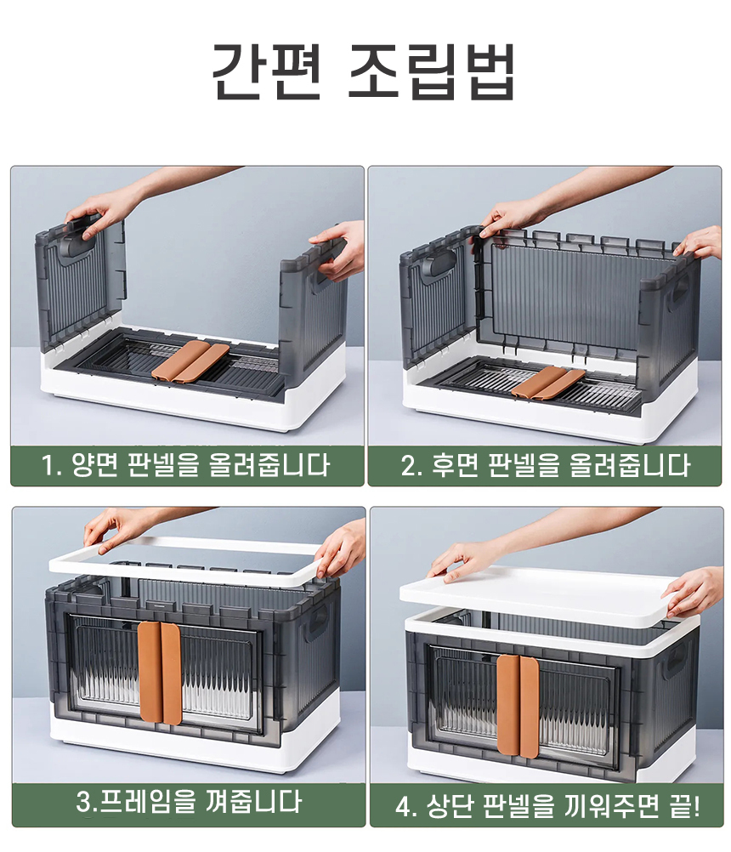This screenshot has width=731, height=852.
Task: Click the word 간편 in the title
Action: [x=266, y=71]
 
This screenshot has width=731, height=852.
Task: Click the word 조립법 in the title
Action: [x=431, y=71]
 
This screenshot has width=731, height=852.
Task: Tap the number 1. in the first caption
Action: [x=52, y=466]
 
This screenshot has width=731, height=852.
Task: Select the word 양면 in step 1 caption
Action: [x=94, y=466]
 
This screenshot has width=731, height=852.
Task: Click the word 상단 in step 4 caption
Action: [x=449, y=806]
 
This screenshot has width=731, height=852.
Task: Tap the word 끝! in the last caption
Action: [x=685, y=806]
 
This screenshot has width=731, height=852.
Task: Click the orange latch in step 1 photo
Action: [x=190, y=361]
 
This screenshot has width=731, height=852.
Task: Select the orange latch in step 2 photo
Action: [x=548, y=382]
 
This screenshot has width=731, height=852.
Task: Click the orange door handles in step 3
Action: [x=159, y=673]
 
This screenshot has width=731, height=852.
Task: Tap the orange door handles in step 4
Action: [x=518, y=705]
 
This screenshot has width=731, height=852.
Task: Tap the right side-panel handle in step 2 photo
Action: [x=679, y=293]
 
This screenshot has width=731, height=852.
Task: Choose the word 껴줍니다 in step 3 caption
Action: [x=252, y=802]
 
